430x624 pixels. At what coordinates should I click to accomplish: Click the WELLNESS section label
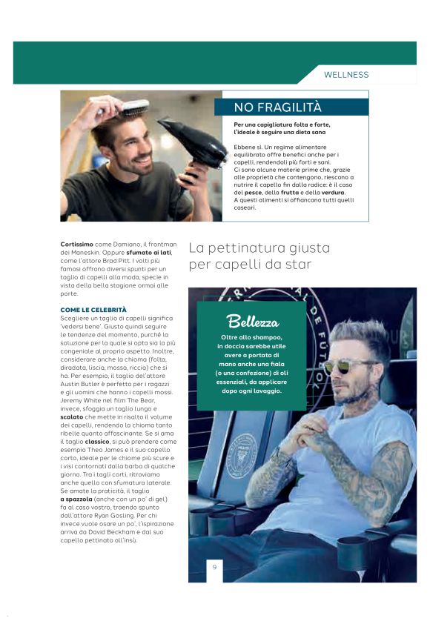point(346,75)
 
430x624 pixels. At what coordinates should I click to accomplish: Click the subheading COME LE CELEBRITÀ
point(93,309)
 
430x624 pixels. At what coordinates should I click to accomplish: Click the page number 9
point(214,567)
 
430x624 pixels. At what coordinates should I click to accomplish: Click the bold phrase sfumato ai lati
point(148,253)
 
